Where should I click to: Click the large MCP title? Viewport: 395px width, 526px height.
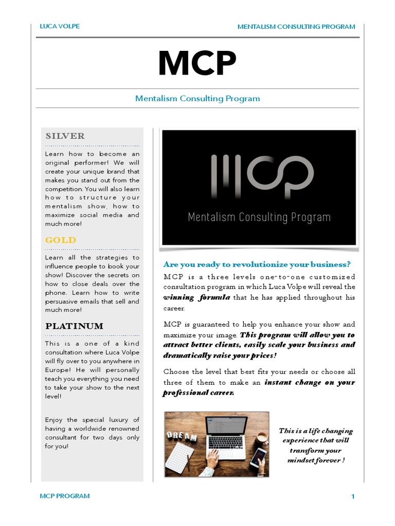tap(197, 64)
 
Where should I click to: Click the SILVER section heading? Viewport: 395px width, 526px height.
tap(65, 136)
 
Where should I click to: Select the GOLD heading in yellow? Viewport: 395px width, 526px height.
tap(60, 240)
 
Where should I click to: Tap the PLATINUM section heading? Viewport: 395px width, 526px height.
tap(74, 326)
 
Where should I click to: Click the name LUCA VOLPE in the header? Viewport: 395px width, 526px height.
tap(60, 26)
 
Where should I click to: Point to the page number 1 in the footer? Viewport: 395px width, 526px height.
tap(353, 496)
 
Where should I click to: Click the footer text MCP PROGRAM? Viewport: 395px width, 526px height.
tap(65, 496)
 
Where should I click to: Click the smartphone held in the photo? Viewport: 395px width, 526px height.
tap(258, 457)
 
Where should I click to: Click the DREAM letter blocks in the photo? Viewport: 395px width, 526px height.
tap(182, 437)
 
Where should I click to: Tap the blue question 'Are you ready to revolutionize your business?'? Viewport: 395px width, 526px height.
tap(257, 265)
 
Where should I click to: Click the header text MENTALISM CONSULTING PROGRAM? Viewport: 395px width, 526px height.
tap(296, 27)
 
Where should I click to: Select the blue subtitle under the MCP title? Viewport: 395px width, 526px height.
tap(197, 98)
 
